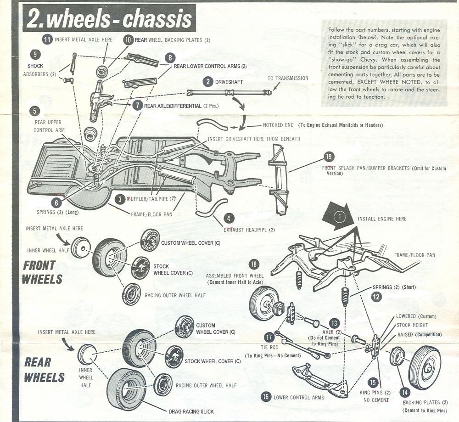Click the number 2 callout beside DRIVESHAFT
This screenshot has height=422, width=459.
click(x=209, y=82)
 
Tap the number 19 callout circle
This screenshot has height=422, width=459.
click(x=328, y=157)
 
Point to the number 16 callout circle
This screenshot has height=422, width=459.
click(x=265, y=397)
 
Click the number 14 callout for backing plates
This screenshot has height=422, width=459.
click(x=404, y=392)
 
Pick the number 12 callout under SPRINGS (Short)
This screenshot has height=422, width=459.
click(x=376, y=297)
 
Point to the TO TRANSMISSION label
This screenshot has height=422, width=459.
click(x=288, y=78)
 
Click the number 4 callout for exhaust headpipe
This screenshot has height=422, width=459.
click(x=229, y=219)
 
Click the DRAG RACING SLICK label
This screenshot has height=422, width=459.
click(x=191, y=411)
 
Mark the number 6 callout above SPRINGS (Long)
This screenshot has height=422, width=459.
click(x=56, y=202)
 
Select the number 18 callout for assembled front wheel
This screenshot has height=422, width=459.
click(x=253, y=264)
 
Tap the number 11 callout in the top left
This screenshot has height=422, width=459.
click(x=47, y=39)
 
